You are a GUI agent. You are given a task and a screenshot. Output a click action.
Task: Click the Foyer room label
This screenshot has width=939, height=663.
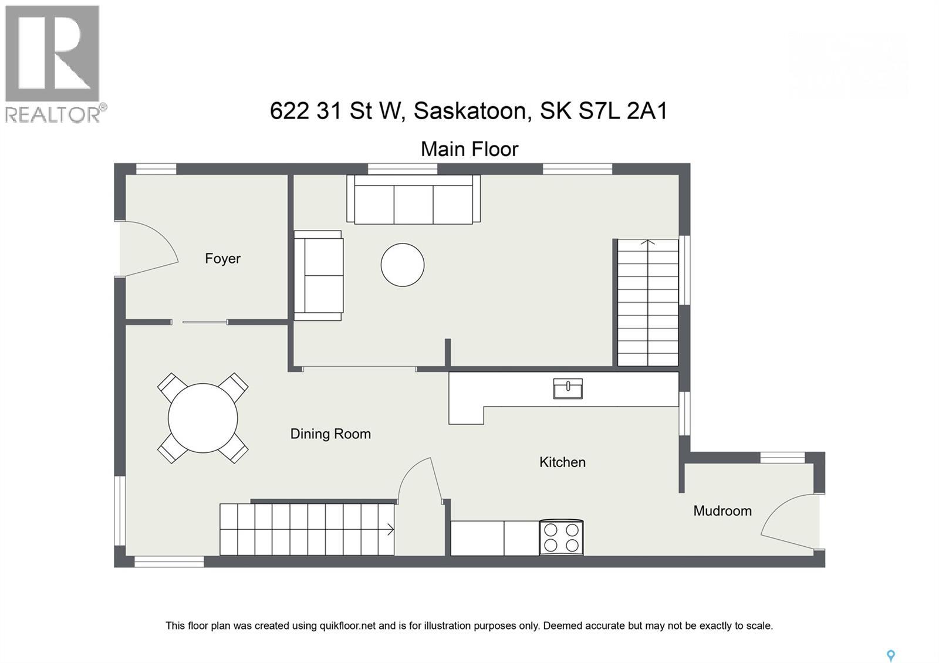coord(222,258)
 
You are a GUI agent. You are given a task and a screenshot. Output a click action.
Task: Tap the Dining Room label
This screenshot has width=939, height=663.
coord(330,434)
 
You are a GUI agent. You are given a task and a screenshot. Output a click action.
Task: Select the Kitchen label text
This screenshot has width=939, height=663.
coord(562,462)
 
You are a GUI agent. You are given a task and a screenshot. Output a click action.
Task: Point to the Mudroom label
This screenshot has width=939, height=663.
coord(722,510)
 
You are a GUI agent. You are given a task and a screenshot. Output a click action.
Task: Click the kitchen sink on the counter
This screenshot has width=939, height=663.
coord(568,388)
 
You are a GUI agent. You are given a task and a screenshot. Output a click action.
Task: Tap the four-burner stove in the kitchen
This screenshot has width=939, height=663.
coord(561,537)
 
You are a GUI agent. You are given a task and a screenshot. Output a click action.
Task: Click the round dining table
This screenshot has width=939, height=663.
coord(202,418)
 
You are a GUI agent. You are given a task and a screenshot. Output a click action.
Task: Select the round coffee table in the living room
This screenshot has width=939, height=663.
coord(402,265)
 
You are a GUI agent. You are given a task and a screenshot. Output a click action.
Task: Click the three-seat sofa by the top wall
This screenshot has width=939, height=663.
coord(413,199)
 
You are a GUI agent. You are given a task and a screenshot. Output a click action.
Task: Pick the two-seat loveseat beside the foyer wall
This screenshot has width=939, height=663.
coord(318,275)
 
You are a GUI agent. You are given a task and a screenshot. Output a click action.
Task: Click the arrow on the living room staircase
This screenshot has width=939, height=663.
coord(647,242)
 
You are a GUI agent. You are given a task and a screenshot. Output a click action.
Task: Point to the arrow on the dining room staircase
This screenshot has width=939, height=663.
coord(390,530)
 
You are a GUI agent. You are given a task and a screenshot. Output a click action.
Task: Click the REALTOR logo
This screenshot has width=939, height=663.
coord(53,63)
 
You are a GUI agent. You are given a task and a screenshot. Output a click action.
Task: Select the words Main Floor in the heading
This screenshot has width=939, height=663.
coord(469,149)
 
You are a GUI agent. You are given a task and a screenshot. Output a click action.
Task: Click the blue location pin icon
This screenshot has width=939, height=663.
coord(890,655)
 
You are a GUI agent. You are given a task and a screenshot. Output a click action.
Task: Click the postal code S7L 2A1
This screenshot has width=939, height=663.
coord(623,111)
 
